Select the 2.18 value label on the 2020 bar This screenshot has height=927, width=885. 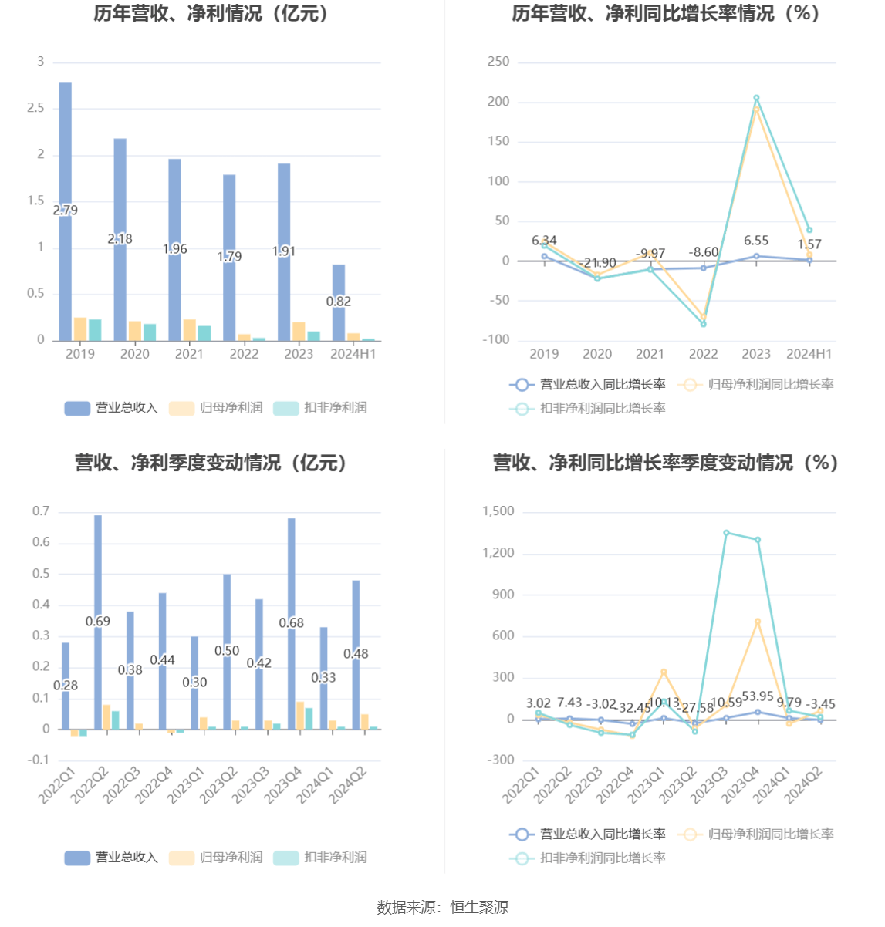120,239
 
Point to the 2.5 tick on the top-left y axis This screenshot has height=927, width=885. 36,108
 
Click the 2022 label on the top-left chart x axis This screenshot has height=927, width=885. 244,354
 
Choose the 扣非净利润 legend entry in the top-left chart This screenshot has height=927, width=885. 321,408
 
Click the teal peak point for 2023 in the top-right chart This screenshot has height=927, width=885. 756,98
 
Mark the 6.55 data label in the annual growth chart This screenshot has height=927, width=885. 756,241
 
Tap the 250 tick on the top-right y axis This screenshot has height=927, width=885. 498,62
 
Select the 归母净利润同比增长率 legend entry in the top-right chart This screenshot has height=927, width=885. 757,384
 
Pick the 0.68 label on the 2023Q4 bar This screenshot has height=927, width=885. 292,622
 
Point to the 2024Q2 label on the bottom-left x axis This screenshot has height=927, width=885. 350,785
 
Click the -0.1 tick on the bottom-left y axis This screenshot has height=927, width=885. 39,760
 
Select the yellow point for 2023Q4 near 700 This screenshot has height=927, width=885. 758,622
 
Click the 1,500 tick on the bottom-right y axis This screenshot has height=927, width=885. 498,511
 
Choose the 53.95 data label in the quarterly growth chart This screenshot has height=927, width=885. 758,696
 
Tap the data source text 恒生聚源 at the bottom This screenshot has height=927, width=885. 479,908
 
